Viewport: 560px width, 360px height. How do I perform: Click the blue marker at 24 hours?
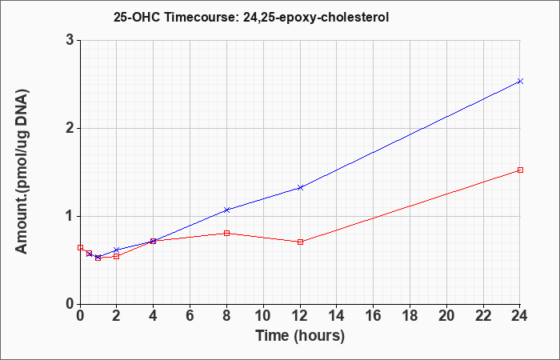click(520, 81)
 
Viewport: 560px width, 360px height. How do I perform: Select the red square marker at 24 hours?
click(520, 170)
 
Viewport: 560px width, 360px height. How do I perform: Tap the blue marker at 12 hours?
click(300, 187)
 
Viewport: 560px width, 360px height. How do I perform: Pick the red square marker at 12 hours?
click(300, 242)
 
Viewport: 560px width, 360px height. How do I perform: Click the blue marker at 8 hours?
click(226, 210)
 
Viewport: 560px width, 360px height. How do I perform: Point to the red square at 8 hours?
click(226, 234)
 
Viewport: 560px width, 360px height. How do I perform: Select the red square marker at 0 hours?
click(80, 247)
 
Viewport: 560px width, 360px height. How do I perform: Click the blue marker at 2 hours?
click(117, 250)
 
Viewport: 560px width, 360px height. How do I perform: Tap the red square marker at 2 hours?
click(117, 257)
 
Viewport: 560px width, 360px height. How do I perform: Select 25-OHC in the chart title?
click(137, 17)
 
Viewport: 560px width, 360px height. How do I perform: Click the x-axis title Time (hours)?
click(300, 336)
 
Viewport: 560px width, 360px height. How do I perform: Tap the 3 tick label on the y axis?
click(70, 40)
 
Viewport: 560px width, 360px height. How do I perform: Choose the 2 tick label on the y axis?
click(70, 128)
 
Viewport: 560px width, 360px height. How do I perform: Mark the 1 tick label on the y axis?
click(70, 216)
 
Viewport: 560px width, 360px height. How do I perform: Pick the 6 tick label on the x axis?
click(190, 315)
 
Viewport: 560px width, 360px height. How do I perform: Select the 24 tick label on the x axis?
click(520, 315)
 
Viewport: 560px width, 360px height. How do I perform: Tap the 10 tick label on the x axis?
click(263, 315)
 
